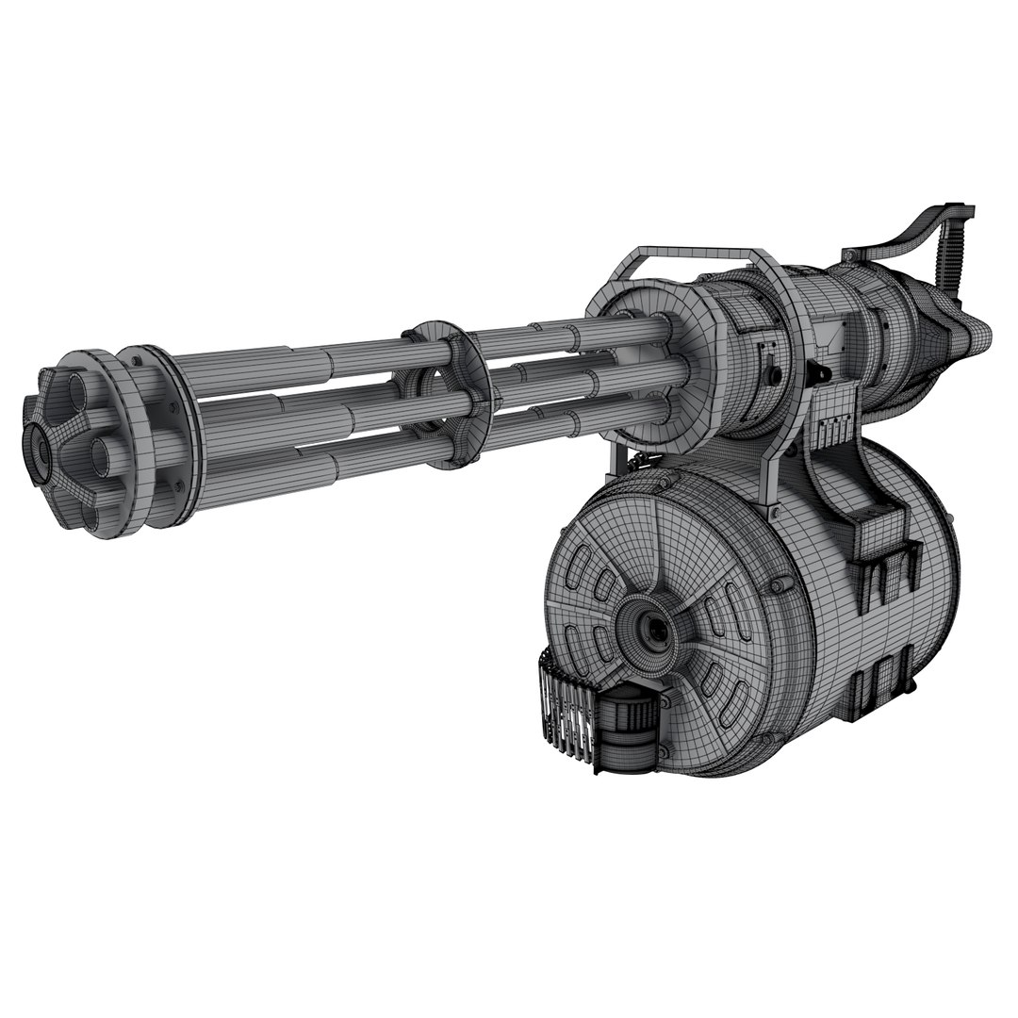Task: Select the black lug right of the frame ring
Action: point(819,373)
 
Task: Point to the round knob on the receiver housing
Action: point(775,374)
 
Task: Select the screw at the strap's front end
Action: point(849,254)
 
